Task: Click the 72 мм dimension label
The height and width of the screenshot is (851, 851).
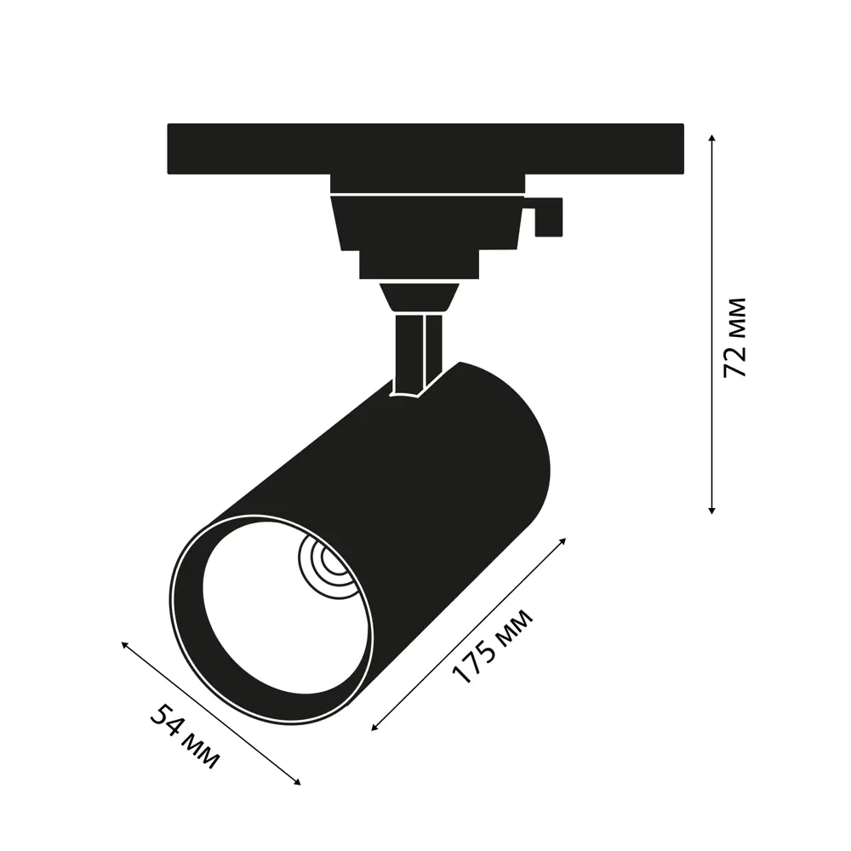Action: tap(735, 338)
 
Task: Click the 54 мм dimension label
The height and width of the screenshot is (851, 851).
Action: tap(185, 736)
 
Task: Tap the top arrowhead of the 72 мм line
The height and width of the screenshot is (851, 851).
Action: tap(712, 138)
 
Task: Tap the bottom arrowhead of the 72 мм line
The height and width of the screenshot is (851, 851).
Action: tap(712, 511)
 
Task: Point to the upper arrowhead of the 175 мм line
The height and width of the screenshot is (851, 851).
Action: tap(563, 541)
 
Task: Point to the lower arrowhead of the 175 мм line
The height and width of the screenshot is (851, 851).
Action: tap(374, 728)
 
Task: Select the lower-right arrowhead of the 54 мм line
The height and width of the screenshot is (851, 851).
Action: tap(297, 781)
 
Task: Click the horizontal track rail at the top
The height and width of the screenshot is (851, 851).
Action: tap(425, 149)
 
